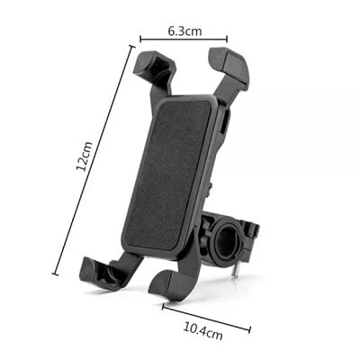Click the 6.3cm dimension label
(x=184, y=31)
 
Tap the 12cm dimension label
(x=85, y=156)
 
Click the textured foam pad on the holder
(x=168, y=174)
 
